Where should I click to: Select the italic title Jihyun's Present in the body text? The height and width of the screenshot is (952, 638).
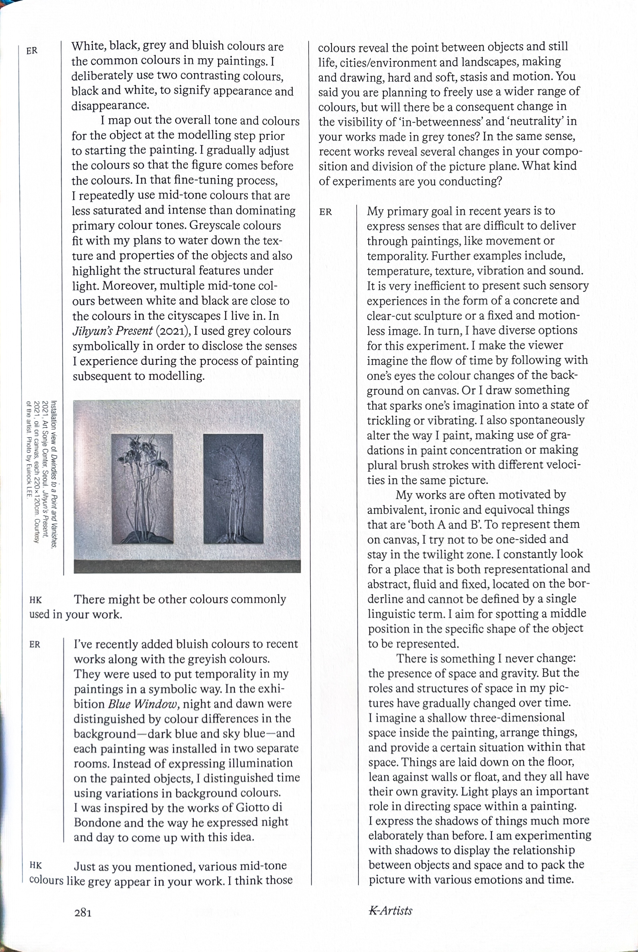pyautogui.click(x=112, y=331)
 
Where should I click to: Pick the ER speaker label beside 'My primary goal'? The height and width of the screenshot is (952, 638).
pyautogui.click(x=325, y=212)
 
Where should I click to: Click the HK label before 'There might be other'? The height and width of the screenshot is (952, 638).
pyautogui.click(x=35, y=600)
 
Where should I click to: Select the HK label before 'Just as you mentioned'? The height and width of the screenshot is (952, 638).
pyautogui.click(x=36, y=865)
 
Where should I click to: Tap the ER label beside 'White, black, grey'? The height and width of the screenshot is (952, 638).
pyautogui.click(x=32, y=51)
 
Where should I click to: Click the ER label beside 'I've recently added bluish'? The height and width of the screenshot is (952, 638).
pyautogui.click(x=35, y=645)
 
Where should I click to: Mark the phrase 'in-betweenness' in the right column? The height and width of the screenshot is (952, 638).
pyautogui.click(x=438, y=121)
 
